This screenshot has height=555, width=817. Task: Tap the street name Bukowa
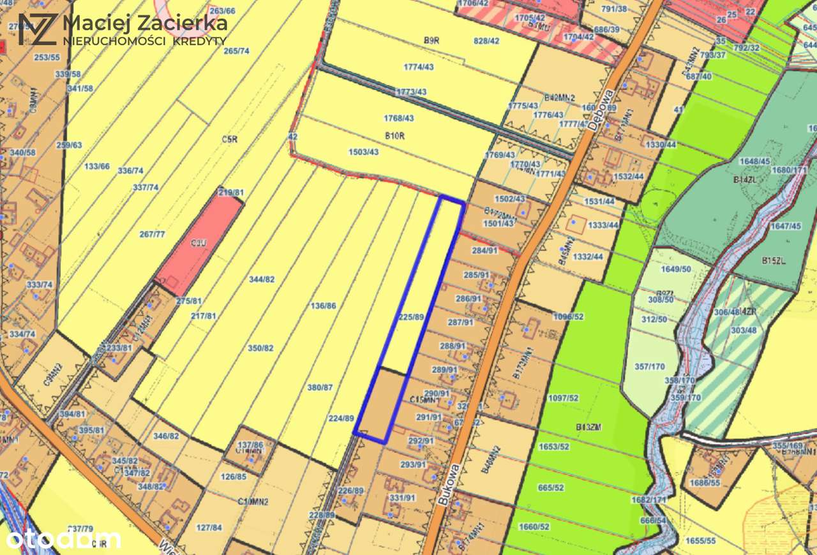pyautogui.click(x=449, y=485)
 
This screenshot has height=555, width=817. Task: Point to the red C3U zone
pyautogui.click(x=198, y=242)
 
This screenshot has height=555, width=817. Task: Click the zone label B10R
pyautogui.click(x=396, y=135)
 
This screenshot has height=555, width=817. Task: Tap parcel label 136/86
pyautogui.click(x=322, y=306)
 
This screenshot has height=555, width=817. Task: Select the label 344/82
pyautogui.click(x=261, y=279)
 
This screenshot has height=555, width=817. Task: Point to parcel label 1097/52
pyautogui.click(x=563, y=398)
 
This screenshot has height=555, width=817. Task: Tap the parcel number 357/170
pyautogui.click(x=650, y=366)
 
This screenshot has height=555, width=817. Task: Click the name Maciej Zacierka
pyautogui.click(x=145, y=24)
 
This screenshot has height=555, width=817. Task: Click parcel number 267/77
pyautogui.click(x=152, y=234)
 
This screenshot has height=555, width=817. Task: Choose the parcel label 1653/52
pyautogui.click(x=553, y=447)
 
